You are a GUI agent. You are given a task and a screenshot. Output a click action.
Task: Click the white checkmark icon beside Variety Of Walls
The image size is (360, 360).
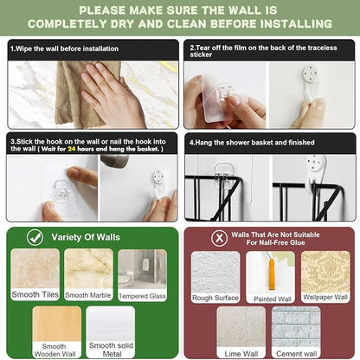35,237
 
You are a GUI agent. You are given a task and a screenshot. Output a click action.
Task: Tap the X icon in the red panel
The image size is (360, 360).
219,238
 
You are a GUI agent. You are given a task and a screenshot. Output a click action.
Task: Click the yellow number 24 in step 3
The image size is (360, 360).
72,149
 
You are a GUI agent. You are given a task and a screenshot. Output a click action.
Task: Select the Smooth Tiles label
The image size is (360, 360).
35,295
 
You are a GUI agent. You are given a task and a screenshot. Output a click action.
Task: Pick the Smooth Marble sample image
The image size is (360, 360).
88,268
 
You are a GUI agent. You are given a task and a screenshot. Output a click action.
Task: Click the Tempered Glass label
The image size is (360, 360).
142,296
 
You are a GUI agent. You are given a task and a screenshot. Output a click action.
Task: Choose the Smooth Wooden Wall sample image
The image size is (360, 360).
57,324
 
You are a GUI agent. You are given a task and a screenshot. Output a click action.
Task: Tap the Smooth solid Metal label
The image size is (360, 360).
111,350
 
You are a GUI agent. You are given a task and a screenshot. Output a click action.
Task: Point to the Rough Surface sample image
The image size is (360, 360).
215,273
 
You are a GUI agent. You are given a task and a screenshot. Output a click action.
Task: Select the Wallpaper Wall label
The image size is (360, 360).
325,297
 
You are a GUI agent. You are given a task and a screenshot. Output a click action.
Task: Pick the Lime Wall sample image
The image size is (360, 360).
241,327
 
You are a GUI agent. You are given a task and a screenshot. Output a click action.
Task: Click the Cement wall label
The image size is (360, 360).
296,353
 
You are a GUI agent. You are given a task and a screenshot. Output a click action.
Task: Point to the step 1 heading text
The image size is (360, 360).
64,48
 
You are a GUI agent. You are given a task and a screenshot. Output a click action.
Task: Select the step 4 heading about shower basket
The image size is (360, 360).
252,142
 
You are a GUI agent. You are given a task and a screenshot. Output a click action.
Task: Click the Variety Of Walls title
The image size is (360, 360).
86,237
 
